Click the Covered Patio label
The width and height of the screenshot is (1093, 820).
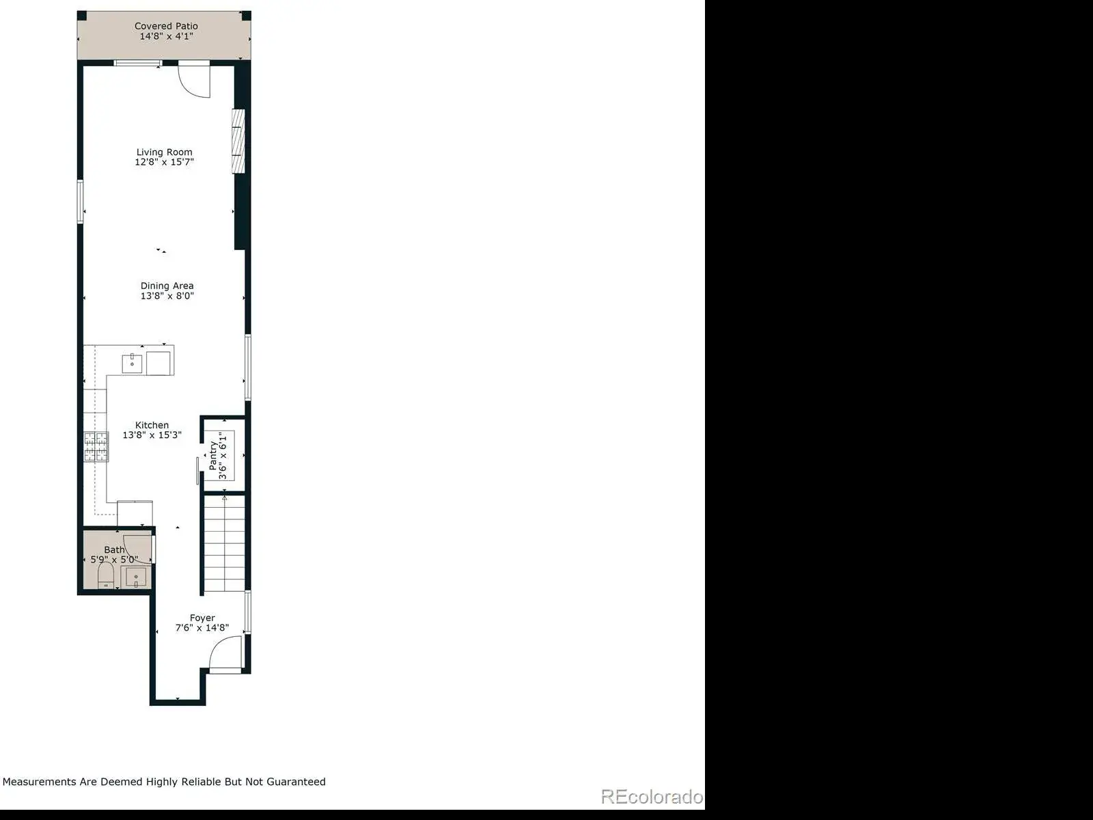click(166, 26)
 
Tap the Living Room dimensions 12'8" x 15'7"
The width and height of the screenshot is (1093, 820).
click(165, 162)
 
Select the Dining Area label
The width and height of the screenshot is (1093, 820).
click(167, 286)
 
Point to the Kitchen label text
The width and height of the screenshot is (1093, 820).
click(152, 425)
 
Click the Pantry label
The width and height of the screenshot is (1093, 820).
click(213, 456)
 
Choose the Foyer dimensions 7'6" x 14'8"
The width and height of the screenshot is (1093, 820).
click(202, 628)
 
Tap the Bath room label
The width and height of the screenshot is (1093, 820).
click(114, 549)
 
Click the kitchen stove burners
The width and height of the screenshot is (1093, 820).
click(96, 447)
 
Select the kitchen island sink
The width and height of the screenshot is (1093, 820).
click(132, 364)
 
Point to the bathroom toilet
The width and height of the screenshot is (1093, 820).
click(106, 575)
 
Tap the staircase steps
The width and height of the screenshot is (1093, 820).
click(225, 543)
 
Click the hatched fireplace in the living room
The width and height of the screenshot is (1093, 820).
click(238, 141)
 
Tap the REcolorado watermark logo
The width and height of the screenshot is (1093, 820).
click(652, 797)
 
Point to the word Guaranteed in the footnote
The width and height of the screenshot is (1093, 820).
click(296, 782)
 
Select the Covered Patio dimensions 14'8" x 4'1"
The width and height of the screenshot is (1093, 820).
click(166, 36)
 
